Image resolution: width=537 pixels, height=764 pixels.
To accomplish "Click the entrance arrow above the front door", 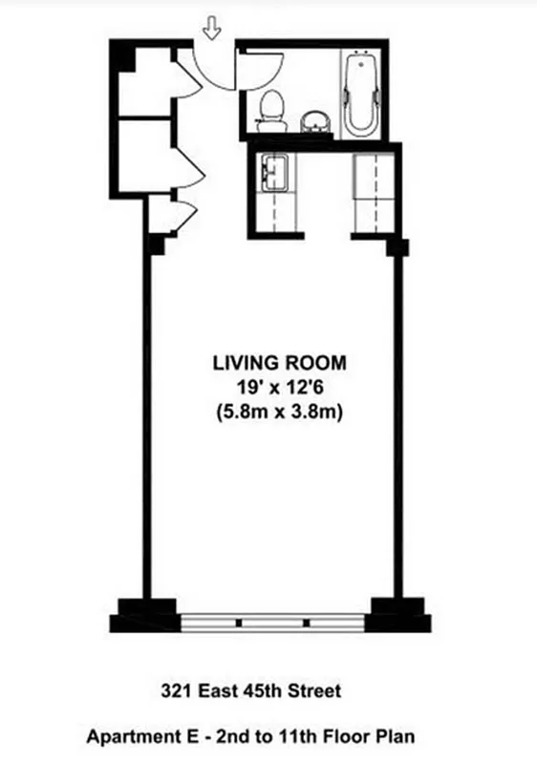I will point(212,32).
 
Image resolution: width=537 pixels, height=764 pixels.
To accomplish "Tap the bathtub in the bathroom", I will point(361,95).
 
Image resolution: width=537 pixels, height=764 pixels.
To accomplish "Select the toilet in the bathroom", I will point(272,109).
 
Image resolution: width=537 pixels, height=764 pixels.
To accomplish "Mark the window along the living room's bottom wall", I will point(274,621).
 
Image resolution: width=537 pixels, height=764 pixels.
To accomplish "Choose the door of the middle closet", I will point(187,170).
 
